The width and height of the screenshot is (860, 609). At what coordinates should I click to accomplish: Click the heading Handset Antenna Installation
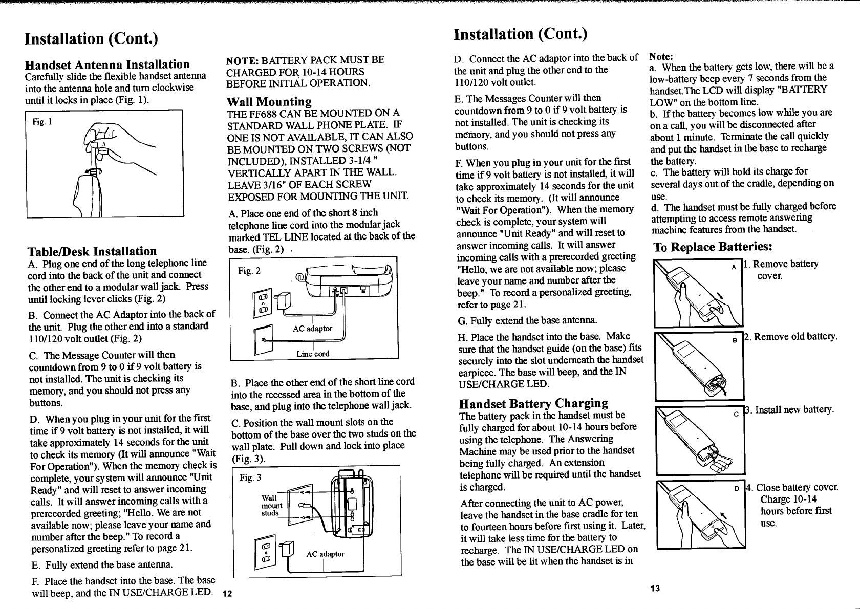[x=107, y=64]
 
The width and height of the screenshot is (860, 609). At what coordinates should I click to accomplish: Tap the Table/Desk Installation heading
[x=92, y=251]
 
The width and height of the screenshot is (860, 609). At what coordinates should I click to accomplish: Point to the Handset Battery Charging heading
[x=533, y=403]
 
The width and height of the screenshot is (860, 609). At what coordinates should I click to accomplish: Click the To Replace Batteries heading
[x=713, y=247]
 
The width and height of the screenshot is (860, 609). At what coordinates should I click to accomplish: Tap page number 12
[x=227, y=594]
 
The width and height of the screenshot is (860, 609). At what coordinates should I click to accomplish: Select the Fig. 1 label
[x=39, y=122]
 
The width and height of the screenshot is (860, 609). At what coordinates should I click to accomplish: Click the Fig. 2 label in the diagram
[x=249, y=270]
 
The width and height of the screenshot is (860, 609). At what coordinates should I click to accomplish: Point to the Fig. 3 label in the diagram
[x=250, y=478]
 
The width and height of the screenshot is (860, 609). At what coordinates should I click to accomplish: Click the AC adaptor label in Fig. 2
[x=312, y=329]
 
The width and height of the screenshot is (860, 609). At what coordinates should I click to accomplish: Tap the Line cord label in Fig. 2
[x=313, y=354]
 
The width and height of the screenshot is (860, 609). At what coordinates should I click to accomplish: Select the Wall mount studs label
[x=270, y=506]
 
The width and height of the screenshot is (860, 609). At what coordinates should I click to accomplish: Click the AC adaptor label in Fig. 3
[x=325, y=554]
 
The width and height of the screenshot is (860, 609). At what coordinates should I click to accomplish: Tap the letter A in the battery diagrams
[x=734, y=267]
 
